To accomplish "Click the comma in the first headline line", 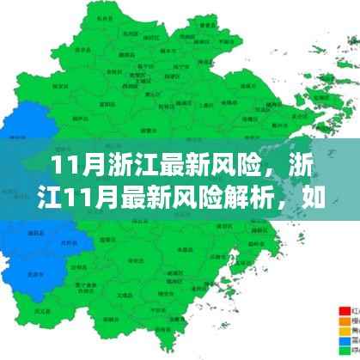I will pyautogui.click(x=252, y=170).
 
